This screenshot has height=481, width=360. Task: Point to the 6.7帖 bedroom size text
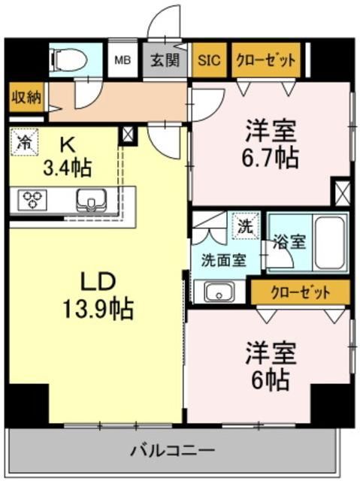click(x=271, y=159)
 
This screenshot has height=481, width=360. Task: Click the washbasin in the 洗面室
click(x=219, y=292)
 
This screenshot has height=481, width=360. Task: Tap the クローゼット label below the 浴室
click(x=300, y=292)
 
